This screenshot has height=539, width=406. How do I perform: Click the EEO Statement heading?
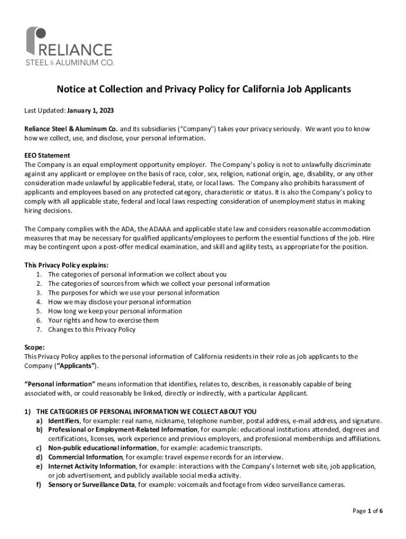[47, 156]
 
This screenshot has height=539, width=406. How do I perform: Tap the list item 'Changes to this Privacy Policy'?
[92, 330]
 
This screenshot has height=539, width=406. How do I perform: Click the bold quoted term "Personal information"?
[60, 384]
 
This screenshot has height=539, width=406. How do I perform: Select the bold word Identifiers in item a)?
[64, 421]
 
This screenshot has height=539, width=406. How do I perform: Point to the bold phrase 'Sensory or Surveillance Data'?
[91, 485]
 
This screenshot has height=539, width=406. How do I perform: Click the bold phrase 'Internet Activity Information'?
[92, 466]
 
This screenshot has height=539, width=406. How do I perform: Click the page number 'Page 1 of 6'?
[367, 511]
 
